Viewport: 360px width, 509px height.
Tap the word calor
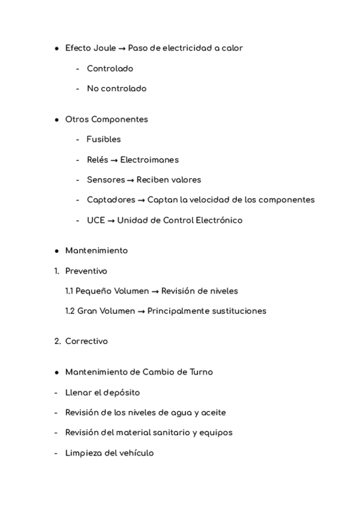click(232, 48)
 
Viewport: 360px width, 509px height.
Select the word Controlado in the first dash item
click(110, 68)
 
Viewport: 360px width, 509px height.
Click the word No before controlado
click(92, 89)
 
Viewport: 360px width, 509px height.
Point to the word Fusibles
click(104, 139)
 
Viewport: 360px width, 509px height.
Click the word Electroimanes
click(149, 160)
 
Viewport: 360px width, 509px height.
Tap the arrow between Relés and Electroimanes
click(114, 160)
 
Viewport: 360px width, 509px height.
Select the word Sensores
click(106, 180)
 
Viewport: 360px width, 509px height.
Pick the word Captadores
click(111, 200)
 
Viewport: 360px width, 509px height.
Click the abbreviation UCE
click(96, 220)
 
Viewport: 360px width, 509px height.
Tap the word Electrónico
click(219, 220)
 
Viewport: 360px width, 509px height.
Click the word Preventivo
click(86, 271)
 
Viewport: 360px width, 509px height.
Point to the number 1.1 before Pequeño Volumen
click(70, 291)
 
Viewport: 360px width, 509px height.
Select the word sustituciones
click(236, 311)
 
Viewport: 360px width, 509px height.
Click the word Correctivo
click(86, 342)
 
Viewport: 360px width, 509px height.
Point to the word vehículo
click(135, 453)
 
